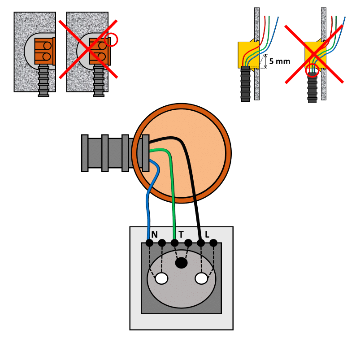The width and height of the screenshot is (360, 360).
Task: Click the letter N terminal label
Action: [x=155, y=234]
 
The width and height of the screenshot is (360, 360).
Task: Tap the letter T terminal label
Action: [x=181, y=234]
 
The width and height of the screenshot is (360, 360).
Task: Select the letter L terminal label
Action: [x=207, y=234]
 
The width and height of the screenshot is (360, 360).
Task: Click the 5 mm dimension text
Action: [x=279, y=61]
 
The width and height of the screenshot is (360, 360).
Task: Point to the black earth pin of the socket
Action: [x=181, y=263]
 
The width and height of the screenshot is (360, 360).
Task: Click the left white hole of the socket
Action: [x=161, y=278]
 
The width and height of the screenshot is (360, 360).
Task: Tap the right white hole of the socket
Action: [x=201, y=278]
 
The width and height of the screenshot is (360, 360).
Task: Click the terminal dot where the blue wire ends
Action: [x=149, y=243]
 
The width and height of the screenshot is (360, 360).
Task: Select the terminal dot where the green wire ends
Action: [x=174, y=243]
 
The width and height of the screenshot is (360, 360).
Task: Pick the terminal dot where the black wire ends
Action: [x=201, y=243]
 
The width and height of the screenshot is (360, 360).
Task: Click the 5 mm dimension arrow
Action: [x=265, y=61]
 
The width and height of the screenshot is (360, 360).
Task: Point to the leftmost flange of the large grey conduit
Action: [x=85, y=153]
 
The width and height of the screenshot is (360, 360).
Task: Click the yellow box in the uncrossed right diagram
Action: [x=248, y=55]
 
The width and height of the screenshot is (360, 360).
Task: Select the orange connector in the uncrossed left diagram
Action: [x=45, y=51]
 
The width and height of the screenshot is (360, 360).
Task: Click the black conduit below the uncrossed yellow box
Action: [x=245, y=84]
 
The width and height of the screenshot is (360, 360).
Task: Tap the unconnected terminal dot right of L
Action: [x=213, y=243]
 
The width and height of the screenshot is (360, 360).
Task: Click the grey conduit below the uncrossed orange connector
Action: [x=43, y=80]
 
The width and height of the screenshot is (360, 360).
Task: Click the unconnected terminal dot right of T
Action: [x=188, y=243]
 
